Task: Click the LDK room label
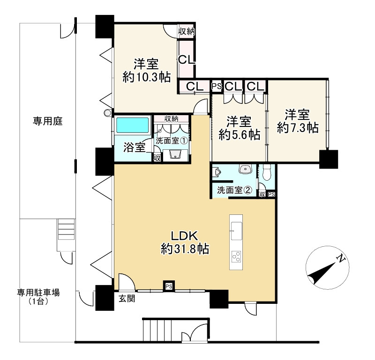point(184,236)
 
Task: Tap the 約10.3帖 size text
point(146,77)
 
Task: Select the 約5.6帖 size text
point(240,135)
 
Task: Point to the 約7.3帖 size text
point(298,128)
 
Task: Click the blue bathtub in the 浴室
point(132,125)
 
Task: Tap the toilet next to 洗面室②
point(266,172)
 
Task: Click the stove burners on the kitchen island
point(236,257)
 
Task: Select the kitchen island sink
point(236,231)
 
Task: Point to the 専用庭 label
point(48,121)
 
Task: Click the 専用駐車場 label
point(38,293)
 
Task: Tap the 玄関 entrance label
point(127,298)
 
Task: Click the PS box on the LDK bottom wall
point(169,286)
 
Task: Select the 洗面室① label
point(171,140)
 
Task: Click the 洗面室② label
point(234,190)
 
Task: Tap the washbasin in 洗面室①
point(176,154)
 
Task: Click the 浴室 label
point(135,147)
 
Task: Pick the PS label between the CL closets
point(217,86)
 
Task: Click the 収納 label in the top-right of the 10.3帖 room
point(187,31)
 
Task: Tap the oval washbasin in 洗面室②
point(245,169)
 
